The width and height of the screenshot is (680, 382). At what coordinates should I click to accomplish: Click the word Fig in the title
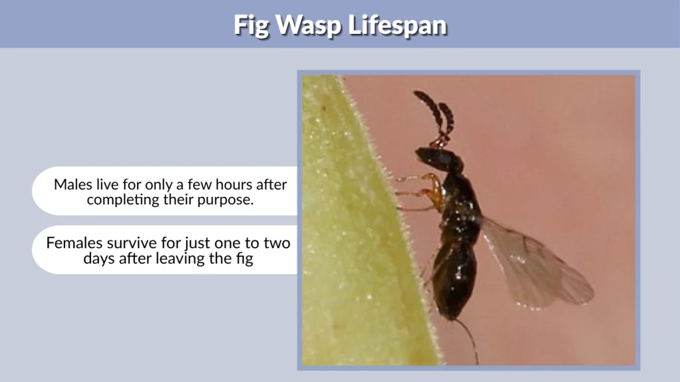[x=251, y=25]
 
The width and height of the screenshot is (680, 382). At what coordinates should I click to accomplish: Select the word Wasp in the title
[x=306, y=25]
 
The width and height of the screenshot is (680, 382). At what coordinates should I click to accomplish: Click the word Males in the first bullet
[x=73, y=184]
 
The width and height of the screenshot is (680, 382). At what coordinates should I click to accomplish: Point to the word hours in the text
[x=231, y=184]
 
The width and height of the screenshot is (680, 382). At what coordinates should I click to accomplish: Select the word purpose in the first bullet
[x=227, y=200]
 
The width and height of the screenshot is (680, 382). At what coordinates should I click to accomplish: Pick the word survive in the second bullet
[x=131, y=243]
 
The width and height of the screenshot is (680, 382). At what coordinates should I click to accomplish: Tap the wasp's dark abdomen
[x=456, y=279]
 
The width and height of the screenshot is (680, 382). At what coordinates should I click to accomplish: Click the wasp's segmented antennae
[x=436, y=113]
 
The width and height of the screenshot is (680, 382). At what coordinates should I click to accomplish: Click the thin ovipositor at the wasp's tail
[x=467, y=338]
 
